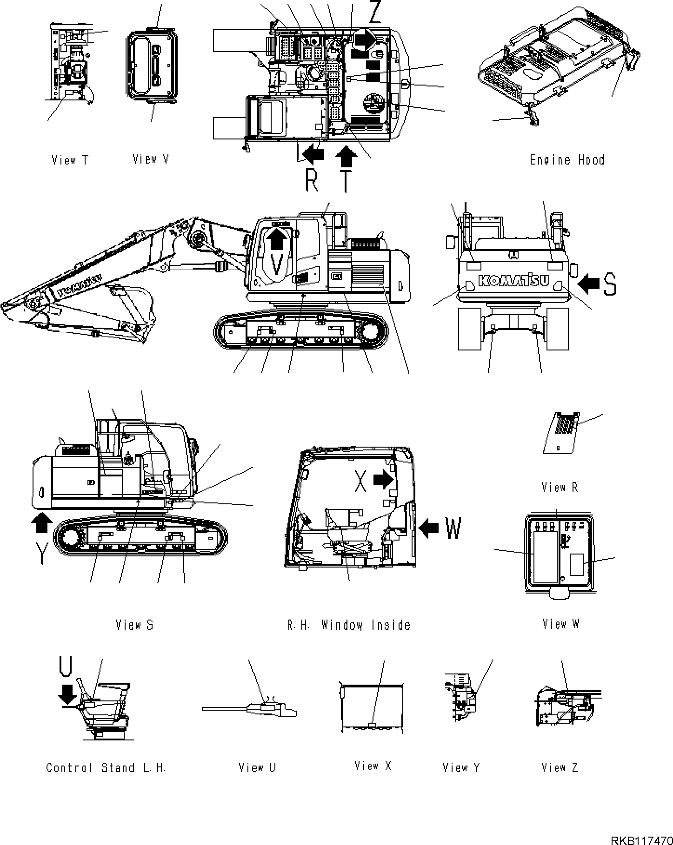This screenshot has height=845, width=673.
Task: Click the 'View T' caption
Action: (70, 160)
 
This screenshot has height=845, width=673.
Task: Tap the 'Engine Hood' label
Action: (567, 160)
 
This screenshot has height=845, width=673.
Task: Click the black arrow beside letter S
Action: (590, 284)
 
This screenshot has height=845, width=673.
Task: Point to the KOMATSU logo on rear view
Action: (513, 281)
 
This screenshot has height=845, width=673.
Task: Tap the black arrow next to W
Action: (429, 528)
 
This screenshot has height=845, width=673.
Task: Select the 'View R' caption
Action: (560, 487)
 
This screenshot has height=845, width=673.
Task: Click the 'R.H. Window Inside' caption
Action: (349, 625)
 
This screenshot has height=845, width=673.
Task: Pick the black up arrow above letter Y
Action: (41, 522)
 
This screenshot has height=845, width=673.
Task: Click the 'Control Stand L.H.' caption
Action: (106, 767)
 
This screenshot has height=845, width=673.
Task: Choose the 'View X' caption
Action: (373, 766)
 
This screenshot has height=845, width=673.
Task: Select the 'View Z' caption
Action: (560, 767)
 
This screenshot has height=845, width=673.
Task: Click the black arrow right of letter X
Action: (383, 479)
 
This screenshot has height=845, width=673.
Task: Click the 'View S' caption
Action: (134, 625)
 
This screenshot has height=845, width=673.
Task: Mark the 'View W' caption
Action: (561, 624)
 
